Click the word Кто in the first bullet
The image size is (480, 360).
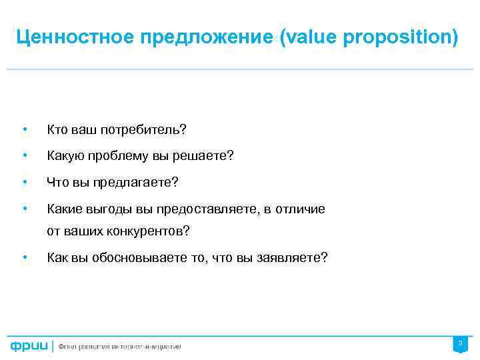coord(56,127)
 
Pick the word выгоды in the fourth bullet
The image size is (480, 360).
coord(113,209)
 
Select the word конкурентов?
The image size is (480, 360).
coord(145,232)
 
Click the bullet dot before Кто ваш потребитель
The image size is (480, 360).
coord(24,127)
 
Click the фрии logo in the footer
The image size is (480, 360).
coord(29,346)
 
